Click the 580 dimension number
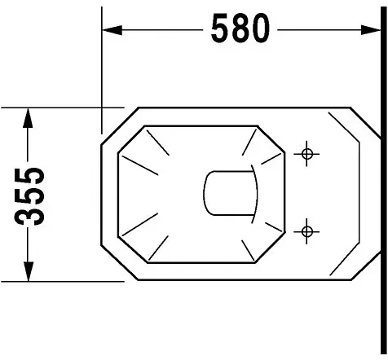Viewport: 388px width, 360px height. click(x=240, y=29)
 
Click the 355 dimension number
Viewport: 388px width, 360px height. click(x=29, y=196)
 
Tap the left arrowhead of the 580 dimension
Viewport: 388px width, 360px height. click(x=112, y=30)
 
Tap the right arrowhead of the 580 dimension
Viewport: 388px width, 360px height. click(x=371, y=30)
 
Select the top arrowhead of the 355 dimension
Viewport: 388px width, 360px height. click(x=28, y=118)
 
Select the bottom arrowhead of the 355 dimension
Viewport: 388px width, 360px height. click(x=28, y=271)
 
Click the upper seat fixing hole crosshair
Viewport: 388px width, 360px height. click(x=306, y=154)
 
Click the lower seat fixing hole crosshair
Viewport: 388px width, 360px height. click(x=306, y=231)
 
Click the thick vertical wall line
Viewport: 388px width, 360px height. click(x=384, y=180)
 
